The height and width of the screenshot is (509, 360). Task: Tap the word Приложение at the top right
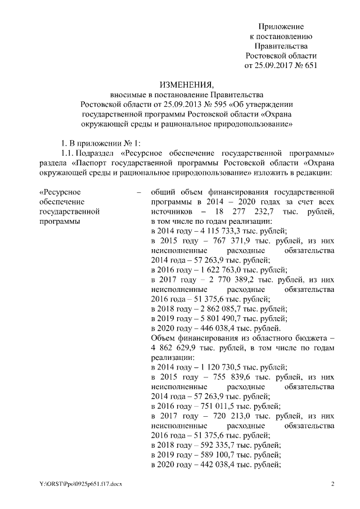281,26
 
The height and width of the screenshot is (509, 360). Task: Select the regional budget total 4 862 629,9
175,347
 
